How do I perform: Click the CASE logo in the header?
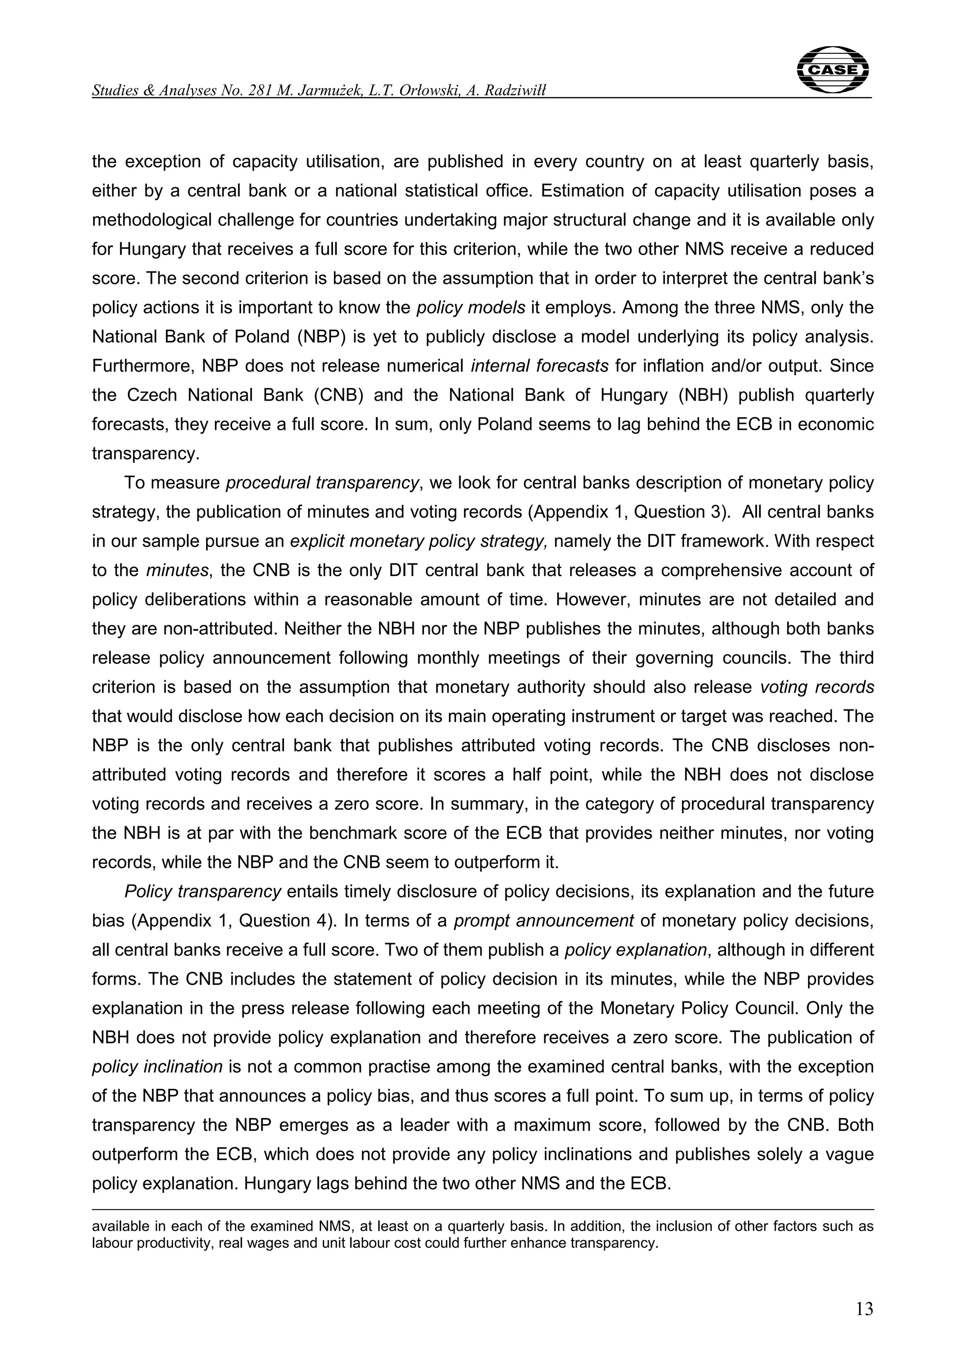(x=832, y=70)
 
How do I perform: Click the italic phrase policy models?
(x=470, y=308)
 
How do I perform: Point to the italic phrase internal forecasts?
(x=539, y=366)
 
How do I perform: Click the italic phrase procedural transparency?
(x=322, y=483)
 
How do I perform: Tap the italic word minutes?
(x=177, y=570)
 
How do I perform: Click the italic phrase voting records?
(x=817, y=687)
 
